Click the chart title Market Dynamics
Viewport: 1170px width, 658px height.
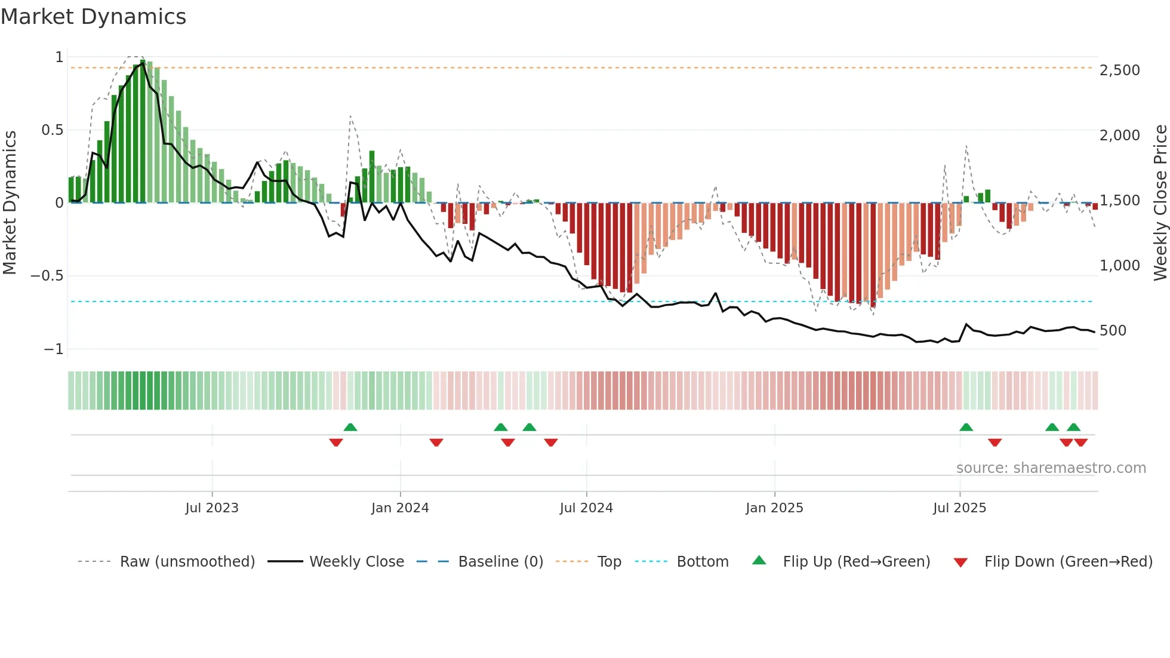pyautogui.click(x=93, y=17)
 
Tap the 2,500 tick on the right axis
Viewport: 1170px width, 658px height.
pyautogui.click(x=1119, y=70)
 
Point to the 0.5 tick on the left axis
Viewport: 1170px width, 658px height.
pyautogui.click(x=52, y=130)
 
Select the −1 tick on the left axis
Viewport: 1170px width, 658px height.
pyautogui.click(x=53, y=349)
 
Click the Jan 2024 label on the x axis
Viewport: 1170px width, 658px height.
pyautogui.click(x=400, y=508)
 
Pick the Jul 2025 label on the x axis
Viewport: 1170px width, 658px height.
pyautogui.click(x=959, y=508)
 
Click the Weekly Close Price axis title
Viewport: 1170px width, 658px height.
pyautogui.click(x=1160, y=202)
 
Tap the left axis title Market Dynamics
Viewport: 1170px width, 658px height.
pyautogui.click(x=10, y=202)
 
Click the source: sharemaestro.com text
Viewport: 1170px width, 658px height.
pyautogui.click(x=1051, y=468)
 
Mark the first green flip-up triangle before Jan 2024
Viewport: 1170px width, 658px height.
pyautogui.click(x=350, y=428)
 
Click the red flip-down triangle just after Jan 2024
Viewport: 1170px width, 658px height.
pyautogui.click(x=436, y=442)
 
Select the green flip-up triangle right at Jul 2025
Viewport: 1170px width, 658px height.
pyautogui.click(x=966, y=428)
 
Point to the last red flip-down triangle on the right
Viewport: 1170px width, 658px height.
pyautogui.click(x=1081, y=442)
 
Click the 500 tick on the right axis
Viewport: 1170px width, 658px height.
pyautogui.click(x=1113, y=331)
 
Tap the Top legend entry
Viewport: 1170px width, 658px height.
pyautogui.click(x=609, y=562)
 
